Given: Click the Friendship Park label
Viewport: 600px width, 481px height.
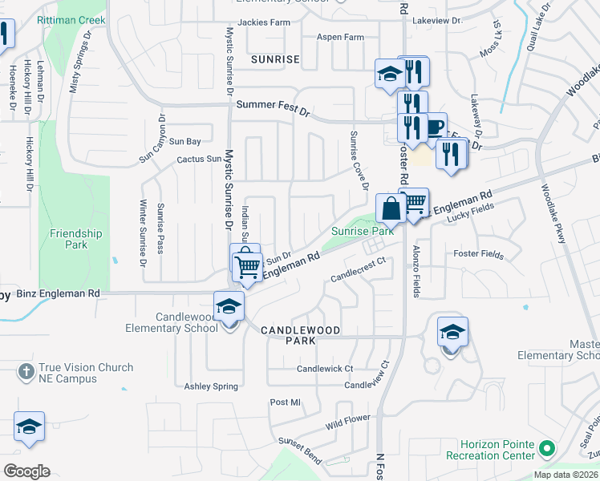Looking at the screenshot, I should coord(76,239).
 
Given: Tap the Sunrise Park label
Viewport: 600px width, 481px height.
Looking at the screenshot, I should coord(363,231).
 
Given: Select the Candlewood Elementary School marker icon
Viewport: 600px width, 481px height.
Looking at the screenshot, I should coord(229,307).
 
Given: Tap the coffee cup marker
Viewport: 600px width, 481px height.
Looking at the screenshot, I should coord(433,127).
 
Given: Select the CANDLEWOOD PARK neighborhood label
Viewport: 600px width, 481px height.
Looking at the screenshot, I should coord(301,335).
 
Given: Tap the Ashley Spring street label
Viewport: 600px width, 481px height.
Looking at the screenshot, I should coord(211,386).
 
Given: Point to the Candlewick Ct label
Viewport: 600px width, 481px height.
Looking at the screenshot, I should coord(325,369).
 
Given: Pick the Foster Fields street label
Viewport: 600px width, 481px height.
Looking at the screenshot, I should coord(478,255).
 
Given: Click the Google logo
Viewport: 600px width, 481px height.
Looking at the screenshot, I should coord(26,471).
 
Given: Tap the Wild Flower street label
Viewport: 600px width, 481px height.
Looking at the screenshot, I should coord(347,419).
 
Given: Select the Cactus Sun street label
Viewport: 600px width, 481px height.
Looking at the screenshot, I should coord(199,159).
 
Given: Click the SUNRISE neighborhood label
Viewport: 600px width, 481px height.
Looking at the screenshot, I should coord(274,59).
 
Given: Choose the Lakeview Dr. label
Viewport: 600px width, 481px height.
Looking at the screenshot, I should coord(438,21).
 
